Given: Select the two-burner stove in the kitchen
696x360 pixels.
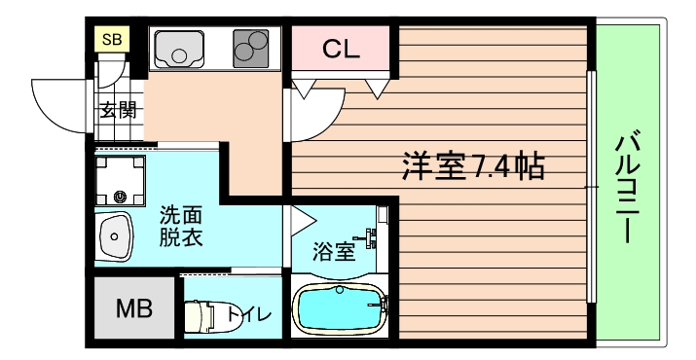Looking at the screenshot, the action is tap(250, 47).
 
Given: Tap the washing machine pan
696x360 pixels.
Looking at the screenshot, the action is tap(122, 181).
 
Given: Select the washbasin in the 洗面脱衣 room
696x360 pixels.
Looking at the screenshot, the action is tap(115, 236).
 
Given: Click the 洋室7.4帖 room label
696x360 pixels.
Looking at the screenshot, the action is tap(472, 165).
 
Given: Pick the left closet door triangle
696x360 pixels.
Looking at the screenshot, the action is tap(305, 89).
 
